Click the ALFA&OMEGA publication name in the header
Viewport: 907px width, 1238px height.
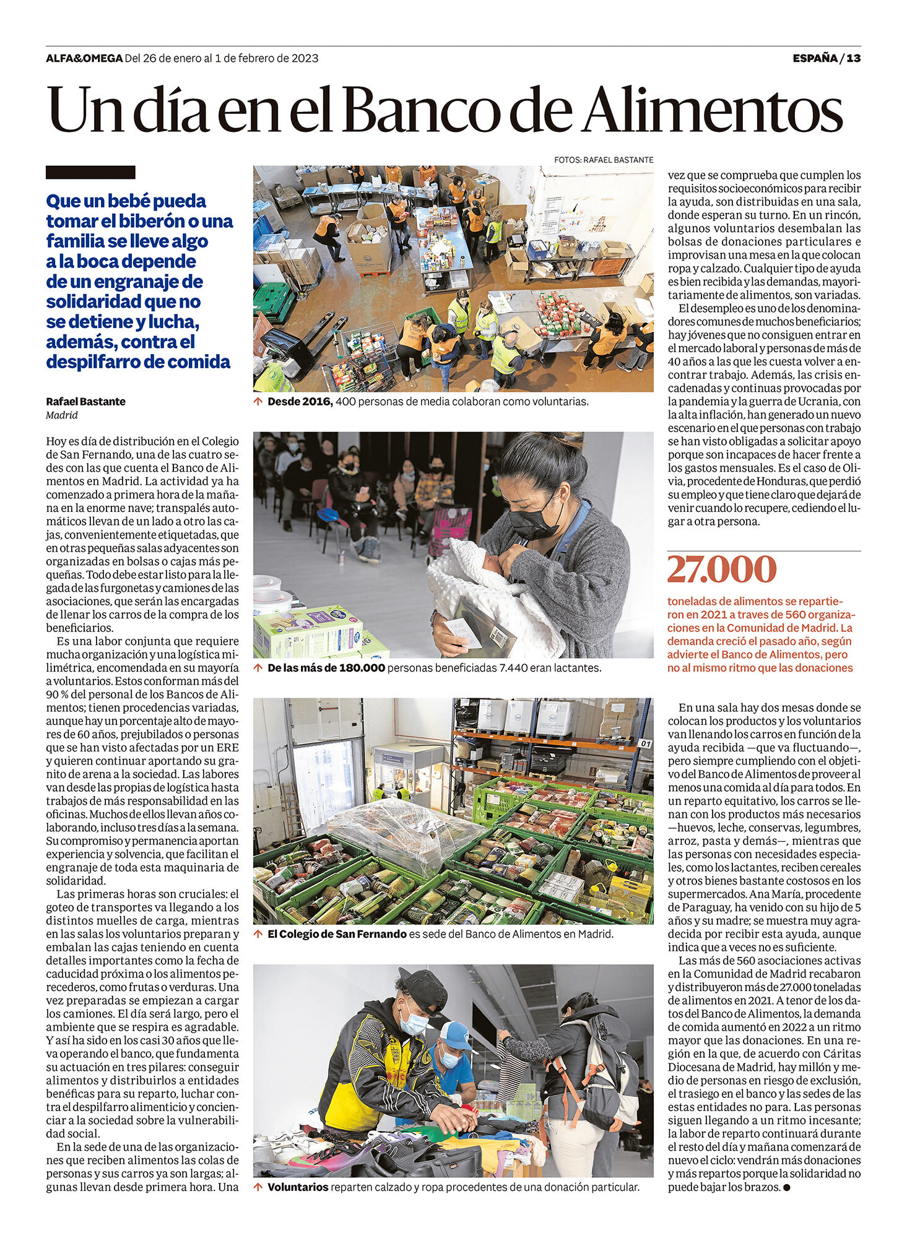coord(84,58)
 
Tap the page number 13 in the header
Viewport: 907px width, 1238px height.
coord(854,58)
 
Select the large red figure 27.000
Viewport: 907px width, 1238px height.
coord(721,570)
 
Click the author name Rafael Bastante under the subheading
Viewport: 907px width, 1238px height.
coord(85,401)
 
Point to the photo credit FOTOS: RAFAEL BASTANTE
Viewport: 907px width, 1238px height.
coord(604,160)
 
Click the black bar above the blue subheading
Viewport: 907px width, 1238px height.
coord(90,172)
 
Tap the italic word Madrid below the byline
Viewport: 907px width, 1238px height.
coord(61,415)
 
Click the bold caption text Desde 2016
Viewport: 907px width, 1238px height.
coord(300,401)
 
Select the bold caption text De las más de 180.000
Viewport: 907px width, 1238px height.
coord(326,668)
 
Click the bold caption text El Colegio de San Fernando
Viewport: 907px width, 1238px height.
coord(337,934)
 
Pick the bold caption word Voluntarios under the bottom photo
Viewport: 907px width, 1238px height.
coord(298,1187)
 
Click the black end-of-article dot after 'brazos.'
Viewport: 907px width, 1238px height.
coord(786,1187)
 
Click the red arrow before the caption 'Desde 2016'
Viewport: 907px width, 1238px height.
coord(258,401)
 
